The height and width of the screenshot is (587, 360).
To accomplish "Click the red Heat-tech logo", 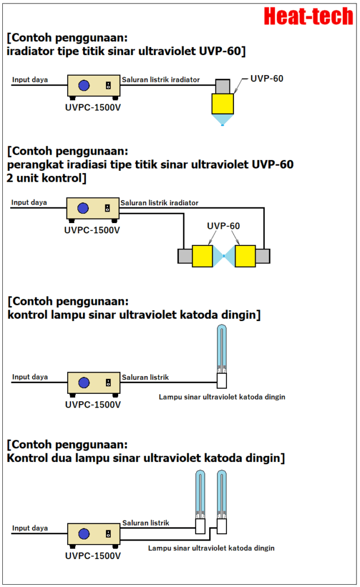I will (308, 16).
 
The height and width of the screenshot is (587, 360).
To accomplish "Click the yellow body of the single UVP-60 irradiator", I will (223, 104).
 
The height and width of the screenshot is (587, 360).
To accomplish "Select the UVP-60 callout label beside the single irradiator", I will (267, 78).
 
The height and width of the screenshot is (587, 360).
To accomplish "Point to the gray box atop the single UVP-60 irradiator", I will (222, 85).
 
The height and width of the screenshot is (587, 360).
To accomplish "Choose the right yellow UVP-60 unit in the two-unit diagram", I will (245, 256).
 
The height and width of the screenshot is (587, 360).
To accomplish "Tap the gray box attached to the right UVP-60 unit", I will (263, 256).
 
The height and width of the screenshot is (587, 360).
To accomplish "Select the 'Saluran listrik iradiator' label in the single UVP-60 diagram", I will (161, 79).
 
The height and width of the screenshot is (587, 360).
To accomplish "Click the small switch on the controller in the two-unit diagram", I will (108, 208).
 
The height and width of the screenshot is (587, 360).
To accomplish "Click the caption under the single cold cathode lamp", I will (222, 397).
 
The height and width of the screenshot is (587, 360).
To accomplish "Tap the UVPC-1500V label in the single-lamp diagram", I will (93, 404).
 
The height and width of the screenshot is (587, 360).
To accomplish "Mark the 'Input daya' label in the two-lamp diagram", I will (30, 528).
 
